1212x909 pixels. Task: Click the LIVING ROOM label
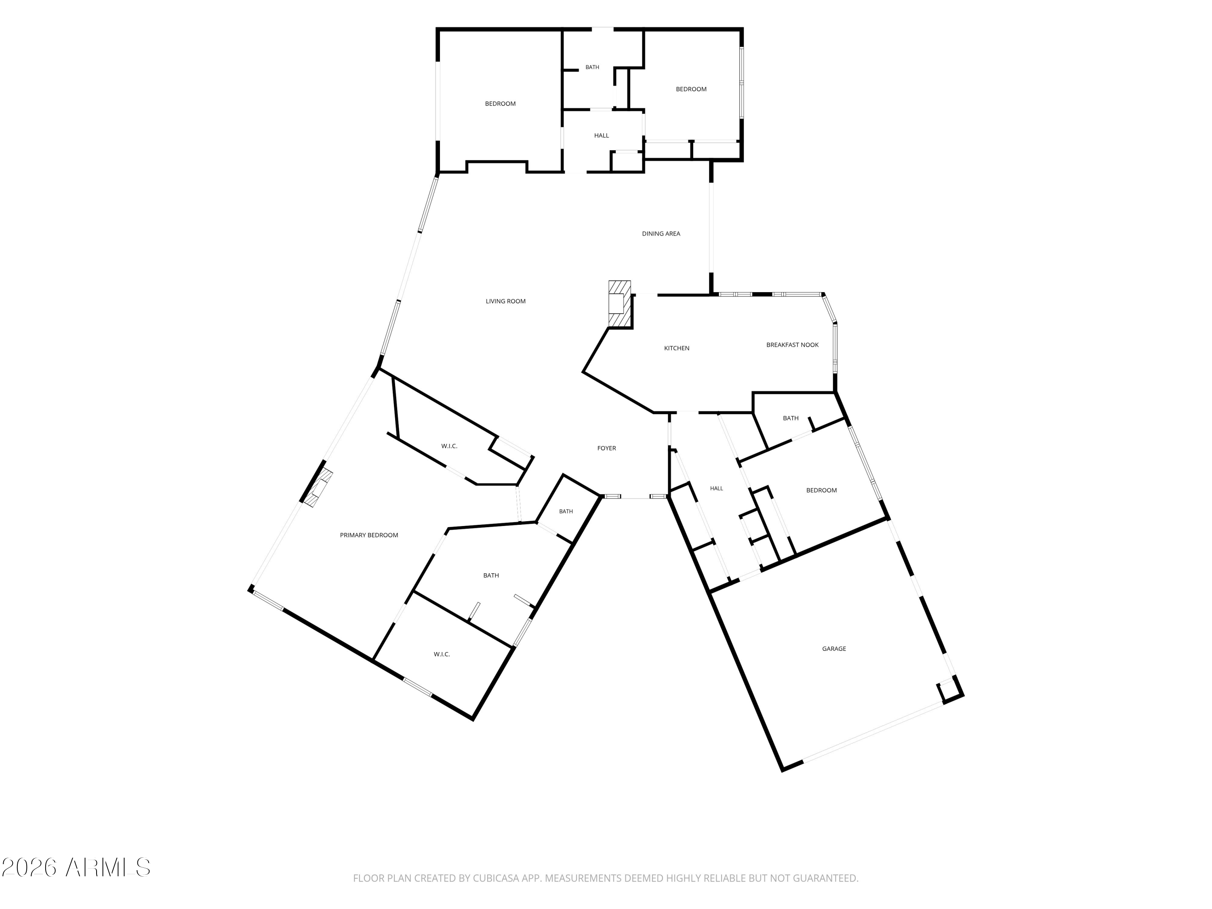click(505, 301)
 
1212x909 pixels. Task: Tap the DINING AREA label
click(661, 234)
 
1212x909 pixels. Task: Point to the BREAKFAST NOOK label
click(792, 345)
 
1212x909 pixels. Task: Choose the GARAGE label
click(834, 649)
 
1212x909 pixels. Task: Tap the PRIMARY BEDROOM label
click(369, 536)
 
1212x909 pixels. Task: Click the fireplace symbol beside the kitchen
click(620, 304)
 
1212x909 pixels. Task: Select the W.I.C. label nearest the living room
click(449, 446)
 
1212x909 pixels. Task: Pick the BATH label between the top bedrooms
click(592, 67)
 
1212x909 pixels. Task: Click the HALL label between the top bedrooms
click(602, 136)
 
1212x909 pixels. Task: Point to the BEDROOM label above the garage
click(821, 491)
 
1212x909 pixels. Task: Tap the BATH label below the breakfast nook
click(791, 419)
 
